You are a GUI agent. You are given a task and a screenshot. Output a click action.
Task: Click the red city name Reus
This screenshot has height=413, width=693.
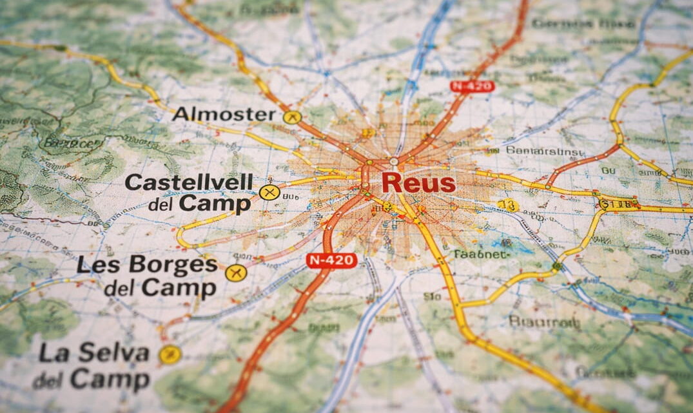click(418, 182)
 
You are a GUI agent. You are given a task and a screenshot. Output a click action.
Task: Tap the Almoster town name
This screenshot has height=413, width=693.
click(224, 115)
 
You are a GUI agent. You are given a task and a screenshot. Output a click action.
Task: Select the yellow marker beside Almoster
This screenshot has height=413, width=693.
click(292, 117)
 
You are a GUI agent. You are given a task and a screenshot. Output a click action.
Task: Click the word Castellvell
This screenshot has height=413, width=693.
click(189, 182)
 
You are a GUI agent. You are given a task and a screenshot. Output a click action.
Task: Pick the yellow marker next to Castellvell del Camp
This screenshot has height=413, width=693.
click(269, 192)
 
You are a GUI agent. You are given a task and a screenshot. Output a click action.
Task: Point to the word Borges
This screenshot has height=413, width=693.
click(173, 265)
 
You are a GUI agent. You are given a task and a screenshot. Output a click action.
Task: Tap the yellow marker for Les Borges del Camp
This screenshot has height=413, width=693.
click(236, 273)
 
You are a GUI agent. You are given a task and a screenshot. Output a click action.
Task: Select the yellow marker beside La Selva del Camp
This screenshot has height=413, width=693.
click(170, 354)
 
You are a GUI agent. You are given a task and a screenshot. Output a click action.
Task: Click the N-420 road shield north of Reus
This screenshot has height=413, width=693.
click(472, 86)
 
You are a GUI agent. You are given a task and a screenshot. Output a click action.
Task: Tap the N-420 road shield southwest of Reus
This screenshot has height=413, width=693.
click(331, 260)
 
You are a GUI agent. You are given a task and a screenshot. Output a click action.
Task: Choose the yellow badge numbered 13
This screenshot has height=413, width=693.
click(508, 206)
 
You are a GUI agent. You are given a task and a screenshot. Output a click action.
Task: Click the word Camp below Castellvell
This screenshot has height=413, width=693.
click(215, 204)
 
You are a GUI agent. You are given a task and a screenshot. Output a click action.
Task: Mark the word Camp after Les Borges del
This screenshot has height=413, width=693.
click(179, 288)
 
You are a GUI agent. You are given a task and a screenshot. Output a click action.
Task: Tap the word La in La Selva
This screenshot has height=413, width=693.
click(54, 353)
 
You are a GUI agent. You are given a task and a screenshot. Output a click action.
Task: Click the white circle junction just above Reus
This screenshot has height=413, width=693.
click(393, 161)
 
